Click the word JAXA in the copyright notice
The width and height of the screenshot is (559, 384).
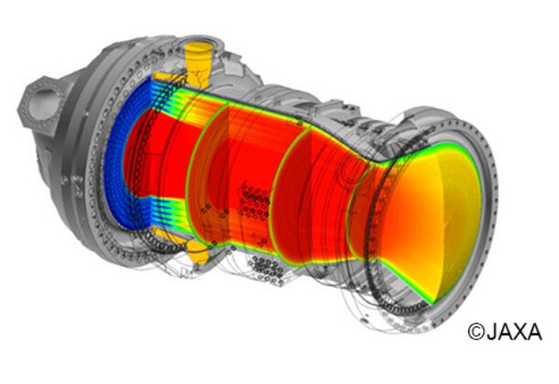coord(514,332)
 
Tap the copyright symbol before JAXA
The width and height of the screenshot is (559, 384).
coord(476,332)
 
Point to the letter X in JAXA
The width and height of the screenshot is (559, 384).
coord(521,332)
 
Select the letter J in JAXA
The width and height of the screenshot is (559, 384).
coord(491,332)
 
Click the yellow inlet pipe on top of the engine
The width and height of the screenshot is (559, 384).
coord(198,64)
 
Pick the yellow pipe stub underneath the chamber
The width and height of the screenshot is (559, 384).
coord(198,250)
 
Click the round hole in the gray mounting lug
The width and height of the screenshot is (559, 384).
coord(45,102)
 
